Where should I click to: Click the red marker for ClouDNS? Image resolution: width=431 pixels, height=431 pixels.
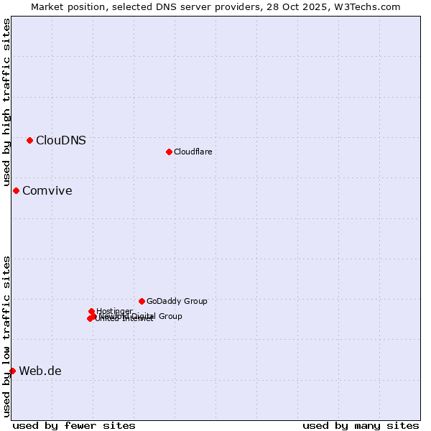29,140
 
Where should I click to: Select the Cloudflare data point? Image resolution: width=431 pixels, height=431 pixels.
169,152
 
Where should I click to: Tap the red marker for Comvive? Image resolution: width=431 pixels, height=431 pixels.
16,190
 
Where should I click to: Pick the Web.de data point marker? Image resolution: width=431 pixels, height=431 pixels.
12,371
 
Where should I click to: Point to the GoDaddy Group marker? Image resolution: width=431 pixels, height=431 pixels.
142,301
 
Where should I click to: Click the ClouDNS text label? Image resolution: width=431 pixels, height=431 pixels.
61,140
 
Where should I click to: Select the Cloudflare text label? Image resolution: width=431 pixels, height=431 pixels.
193,152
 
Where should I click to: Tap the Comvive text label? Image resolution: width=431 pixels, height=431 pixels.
47,190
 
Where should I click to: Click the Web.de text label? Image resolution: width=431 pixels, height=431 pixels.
40,371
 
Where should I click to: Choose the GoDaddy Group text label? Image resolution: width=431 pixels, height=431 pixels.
177,301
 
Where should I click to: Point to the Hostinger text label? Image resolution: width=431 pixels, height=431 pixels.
114,311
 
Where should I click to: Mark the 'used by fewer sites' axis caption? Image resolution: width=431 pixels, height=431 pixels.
74,425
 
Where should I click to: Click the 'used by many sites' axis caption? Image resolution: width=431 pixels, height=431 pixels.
361,425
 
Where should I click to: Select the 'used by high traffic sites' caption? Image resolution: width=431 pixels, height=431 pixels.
6,103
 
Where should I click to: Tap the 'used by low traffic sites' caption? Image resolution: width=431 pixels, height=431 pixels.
6,336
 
